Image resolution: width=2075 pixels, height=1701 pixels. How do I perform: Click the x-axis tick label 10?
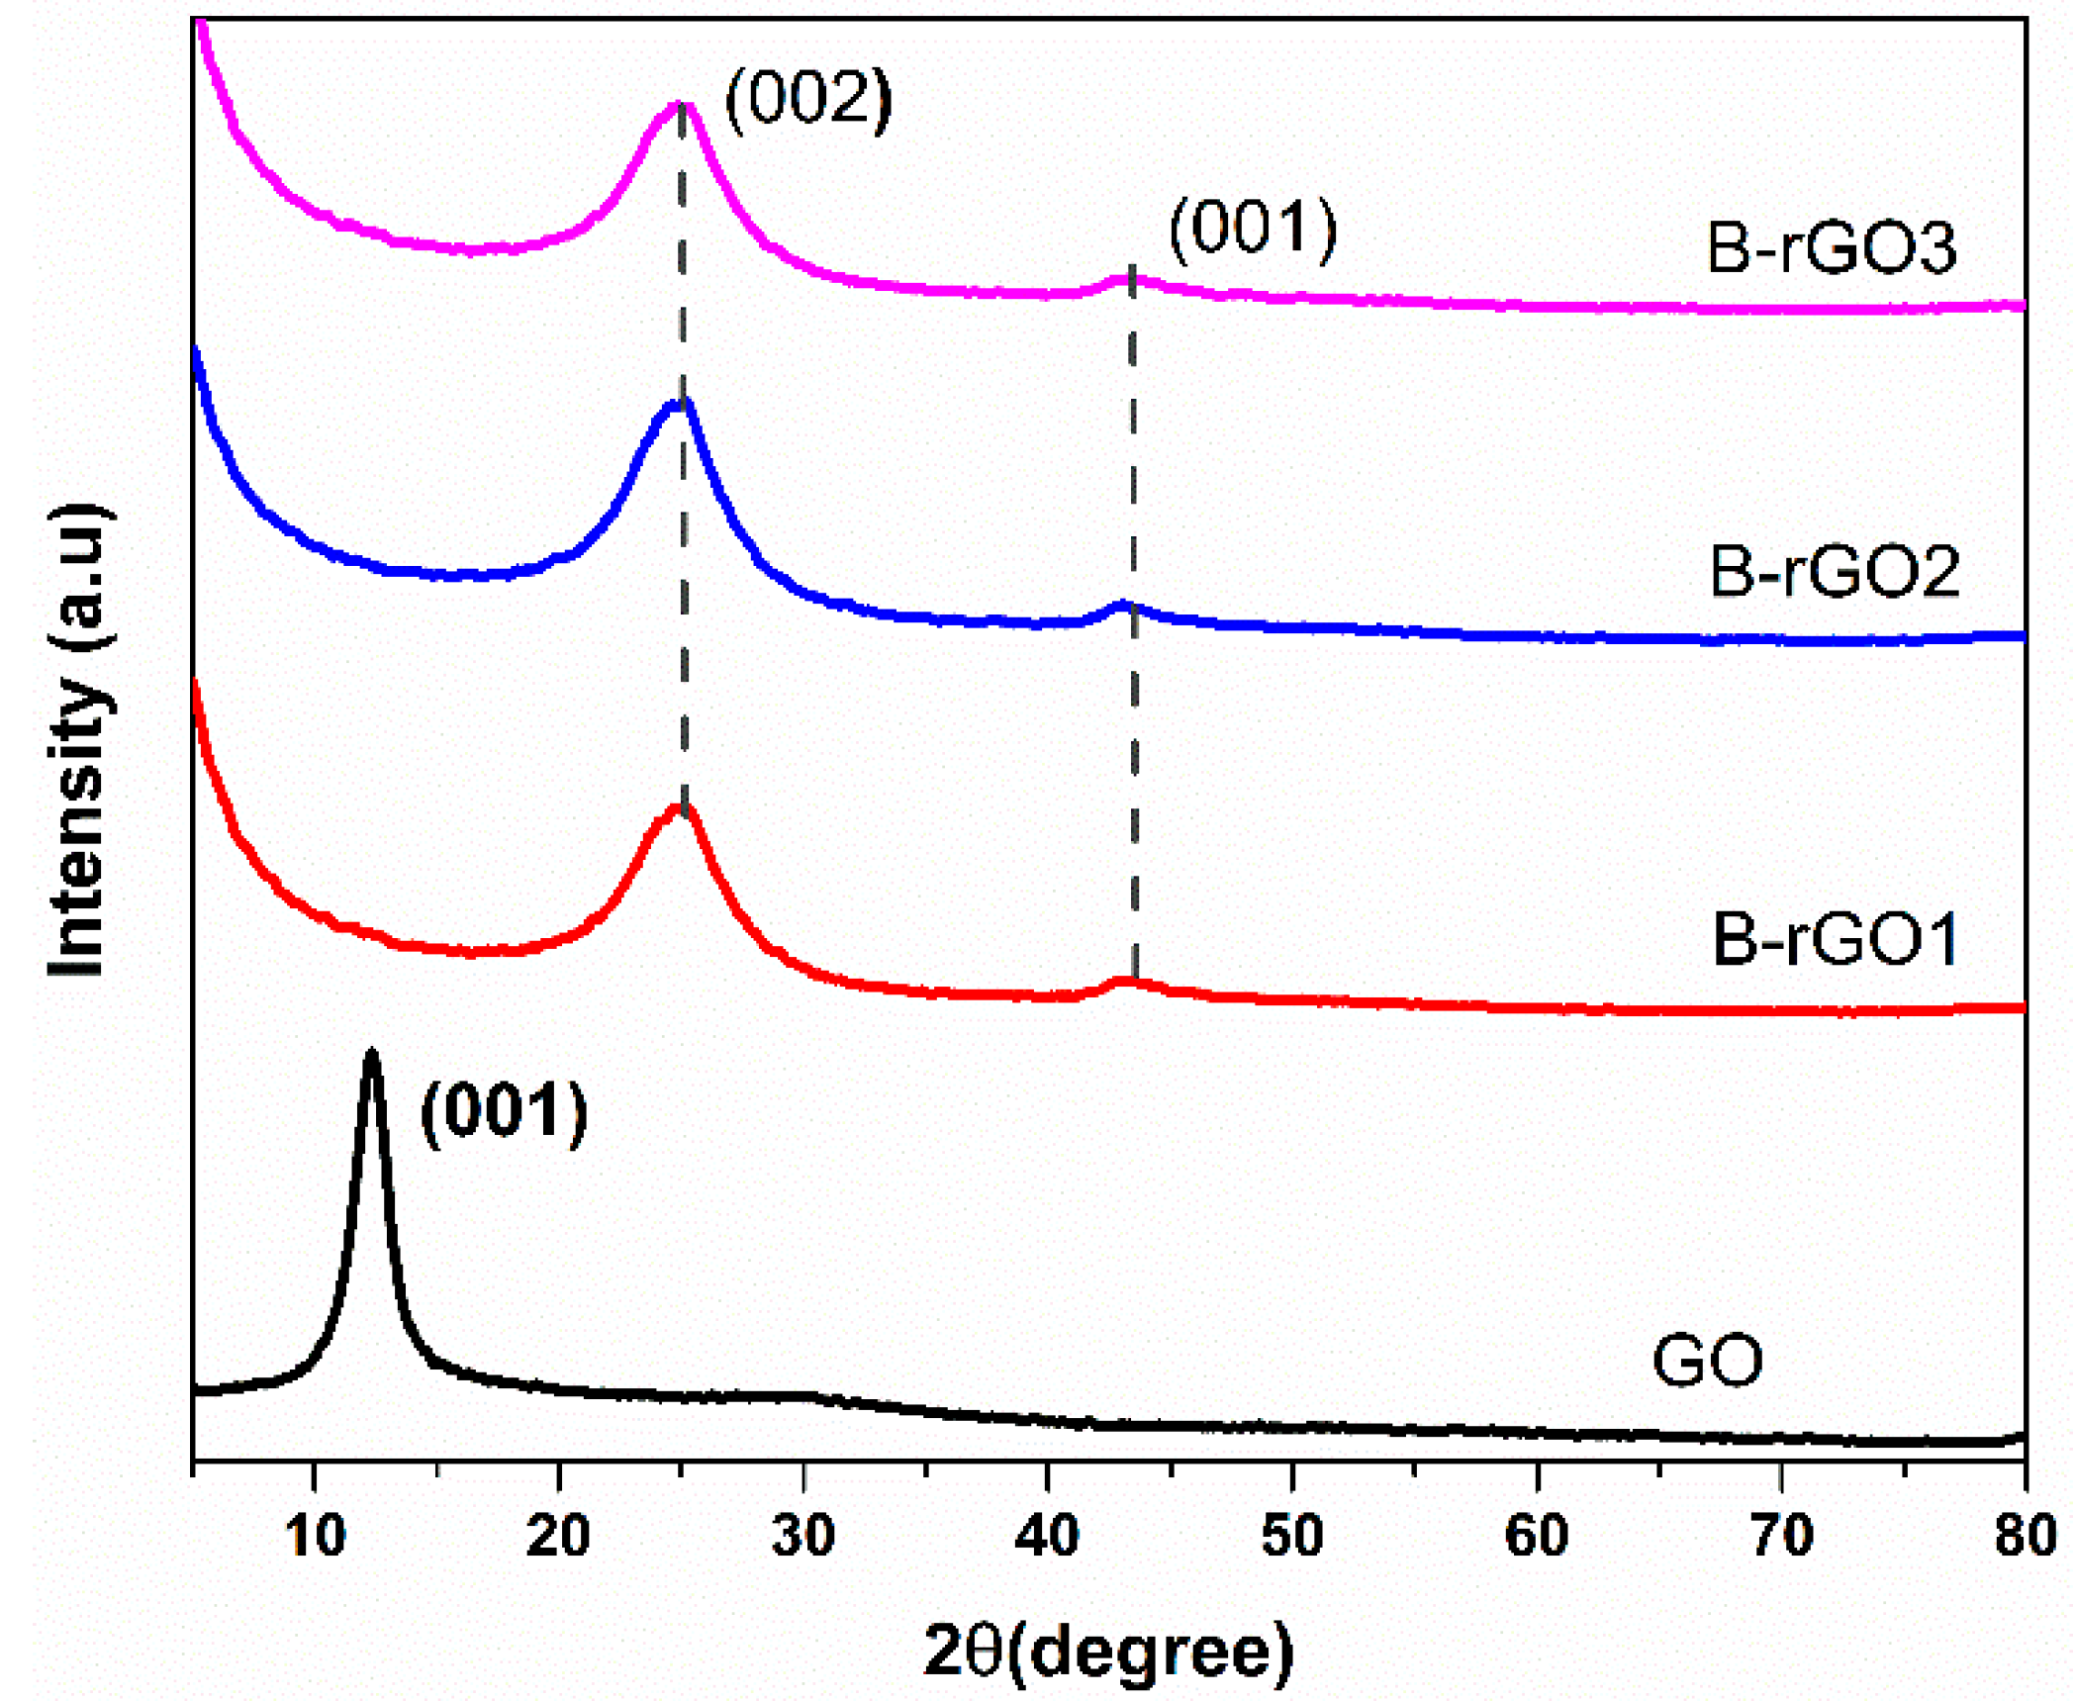315,1536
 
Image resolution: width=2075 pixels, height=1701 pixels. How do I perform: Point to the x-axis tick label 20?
558,1536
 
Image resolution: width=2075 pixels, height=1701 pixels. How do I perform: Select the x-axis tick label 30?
802,1536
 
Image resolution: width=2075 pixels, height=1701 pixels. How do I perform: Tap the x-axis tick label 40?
1047,1536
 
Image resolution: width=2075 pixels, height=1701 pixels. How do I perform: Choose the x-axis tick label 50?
1291,1536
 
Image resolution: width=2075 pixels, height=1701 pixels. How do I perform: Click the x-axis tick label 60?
1537,1536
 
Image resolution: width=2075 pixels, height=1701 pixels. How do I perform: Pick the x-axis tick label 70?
1781,1536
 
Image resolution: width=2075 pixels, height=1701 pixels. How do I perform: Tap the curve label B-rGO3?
1832,247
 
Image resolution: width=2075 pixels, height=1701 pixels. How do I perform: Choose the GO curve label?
1708,1362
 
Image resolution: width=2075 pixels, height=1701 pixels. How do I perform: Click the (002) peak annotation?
808,99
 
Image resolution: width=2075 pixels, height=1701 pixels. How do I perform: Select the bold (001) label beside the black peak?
504,1111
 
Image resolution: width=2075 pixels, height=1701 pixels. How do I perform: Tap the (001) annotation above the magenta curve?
1253,229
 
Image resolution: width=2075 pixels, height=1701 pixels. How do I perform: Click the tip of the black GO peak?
372,1053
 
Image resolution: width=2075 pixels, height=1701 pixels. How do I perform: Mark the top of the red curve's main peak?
681,807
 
